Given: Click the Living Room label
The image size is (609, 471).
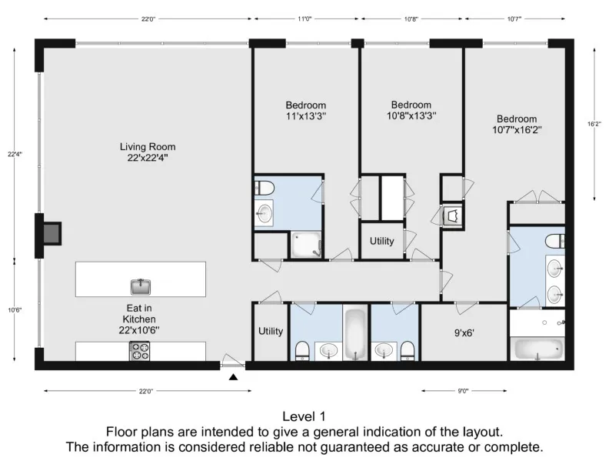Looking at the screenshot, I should point(148,152).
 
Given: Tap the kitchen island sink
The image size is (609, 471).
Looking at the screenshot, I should point(141,286).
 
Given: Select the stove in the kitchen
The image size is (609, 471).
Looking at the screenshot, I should point(141,351).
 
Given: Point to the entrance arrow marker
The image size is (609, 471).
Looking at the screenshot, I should point(233,376).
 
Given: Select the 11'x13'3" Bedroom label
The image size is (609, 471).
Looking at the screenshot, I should point(305,111).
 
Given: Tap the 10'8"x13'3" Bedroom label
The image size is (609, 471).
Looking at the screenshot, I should point(411,110).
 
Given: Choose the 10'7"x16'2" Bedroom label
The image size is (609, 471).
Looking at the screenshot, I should point(516,125).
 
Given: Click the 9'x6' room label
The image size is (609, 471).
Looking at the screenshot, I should point(464,334).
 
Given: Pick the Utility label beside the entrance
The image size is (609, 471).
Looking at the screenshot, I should point(271,332).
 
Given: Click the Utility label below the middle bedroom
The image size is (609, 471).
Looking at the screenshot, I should point(381,241).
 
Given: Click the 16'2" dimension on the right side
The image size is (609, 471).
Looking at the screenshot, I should point(594,123).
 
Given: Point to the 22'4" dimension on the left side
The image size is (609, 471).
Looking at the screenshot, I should point(15,153).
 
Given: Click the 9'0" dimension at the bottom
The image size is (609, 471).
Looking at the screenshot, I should point(463,391).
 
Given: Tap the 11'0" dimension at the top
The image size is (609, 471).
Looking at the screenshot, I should point(304,18).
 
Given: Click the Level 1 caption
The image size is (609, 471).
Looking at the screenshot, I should point(304,416).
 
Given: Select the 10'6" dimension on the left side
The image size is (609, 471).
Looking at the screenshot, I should point(15,310).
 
